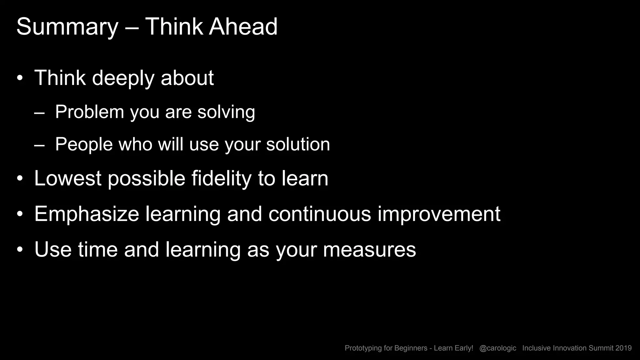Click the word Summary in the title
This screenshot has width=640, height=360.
pos(67,27)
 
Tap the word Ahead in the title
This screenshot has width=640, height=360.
pos(243,27)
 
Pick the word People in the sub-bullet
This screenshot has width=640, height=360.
pos(84,144)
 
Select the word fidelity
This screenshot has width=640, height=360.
pos(221,179)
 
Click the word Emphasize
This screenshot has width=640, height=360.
pos(87,214)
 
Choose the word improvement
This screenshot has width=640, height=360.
pos(439,215)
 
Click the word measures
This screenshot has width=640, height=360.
pos(369,250)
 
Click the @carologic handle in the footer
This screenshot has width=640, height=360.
pos(497,348)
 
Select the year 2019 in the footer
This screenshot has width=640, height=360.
pos(623,348)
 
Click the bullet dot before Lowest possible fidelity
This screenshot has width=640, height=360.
pos(20,179)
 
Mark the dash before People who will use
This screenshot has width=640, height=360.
pos(39,145)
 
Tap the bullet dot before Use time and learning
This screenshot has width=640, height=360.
pos(20,250)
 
